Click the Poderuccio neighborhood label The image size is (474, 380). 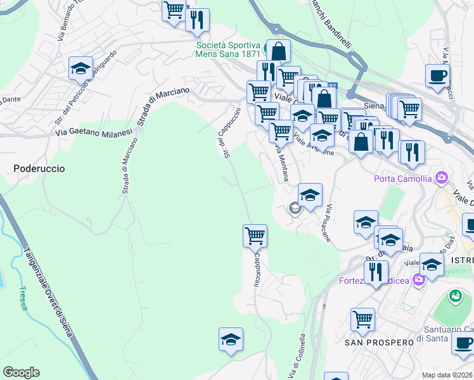[x=39, y=168]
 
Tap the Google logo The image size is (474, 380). [x=21, y=372]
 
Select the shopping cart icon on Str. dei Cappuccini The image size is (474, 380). [x=255, y=236]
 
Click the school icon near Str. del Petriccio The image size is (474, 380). [x=81, y=68]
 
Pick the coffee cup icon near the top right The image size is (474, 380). [x=437, y=75]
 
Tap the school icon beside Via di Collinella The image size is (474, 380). [x=231, y=339]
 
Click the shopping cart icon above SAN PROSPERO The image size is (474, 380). [x=362, y=319]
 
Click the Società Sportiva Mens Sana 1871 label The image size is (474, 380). [x=228, y=50]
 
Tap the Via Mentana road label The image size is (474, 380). [x=283, y=163]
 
